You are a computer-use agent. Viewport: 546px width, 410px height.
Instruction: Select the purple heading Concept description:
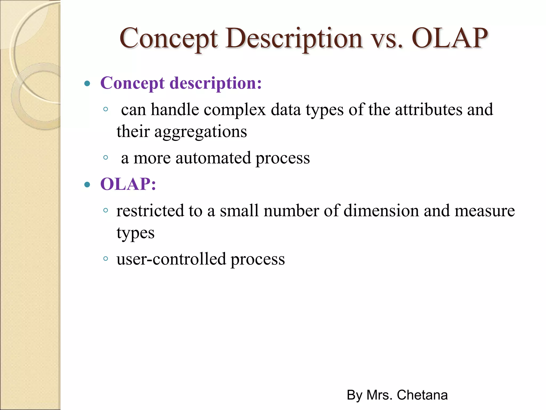pyautogui.click(x=181, y=83)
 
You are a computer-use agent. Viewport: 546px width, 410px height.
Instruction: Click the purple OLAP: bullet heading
pyautogui.click(x=128, y=184)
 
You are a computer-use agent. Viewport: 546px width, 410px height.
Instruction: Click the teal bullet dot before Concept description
pyautogui.click(x=87, y=84)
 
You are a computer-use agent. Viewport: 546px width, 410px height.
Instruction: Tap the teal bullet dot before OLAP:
pyautogui.click(x=87, y=184)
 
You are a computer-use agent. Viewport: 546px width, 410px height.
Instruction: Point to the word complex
pyautogui.click(x=235, y=110)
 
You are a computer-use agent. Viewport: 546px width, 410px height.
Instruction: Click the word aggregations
pyautogui.click(x=200, y=132)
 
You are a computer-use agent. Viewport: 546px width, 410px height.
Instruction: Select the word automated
pyautogui.click(x=213, y=158)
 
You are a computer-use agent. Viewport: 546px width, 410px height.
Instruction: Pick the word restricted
pyautogui.click(x=150, y=211)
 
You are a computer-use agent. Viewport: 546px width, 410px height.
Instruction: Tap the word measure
pyautogui.click(x=484, y=211)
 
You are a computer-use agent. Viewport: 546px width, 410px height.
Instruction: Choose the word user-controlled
pyautogui.click(x=171, y=259)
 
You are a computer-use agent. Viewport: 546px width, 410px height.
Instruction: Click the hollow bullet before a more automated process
pyautogui.click(x=106, y=157)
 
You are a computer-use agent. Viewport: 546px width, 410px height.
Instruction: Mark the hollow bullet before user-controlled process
pyautogui.click(x=106, y=258)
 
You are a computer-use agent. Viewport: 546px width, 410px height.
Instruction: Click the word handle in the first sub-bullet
pyautogui.click(x=175, y=110)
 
